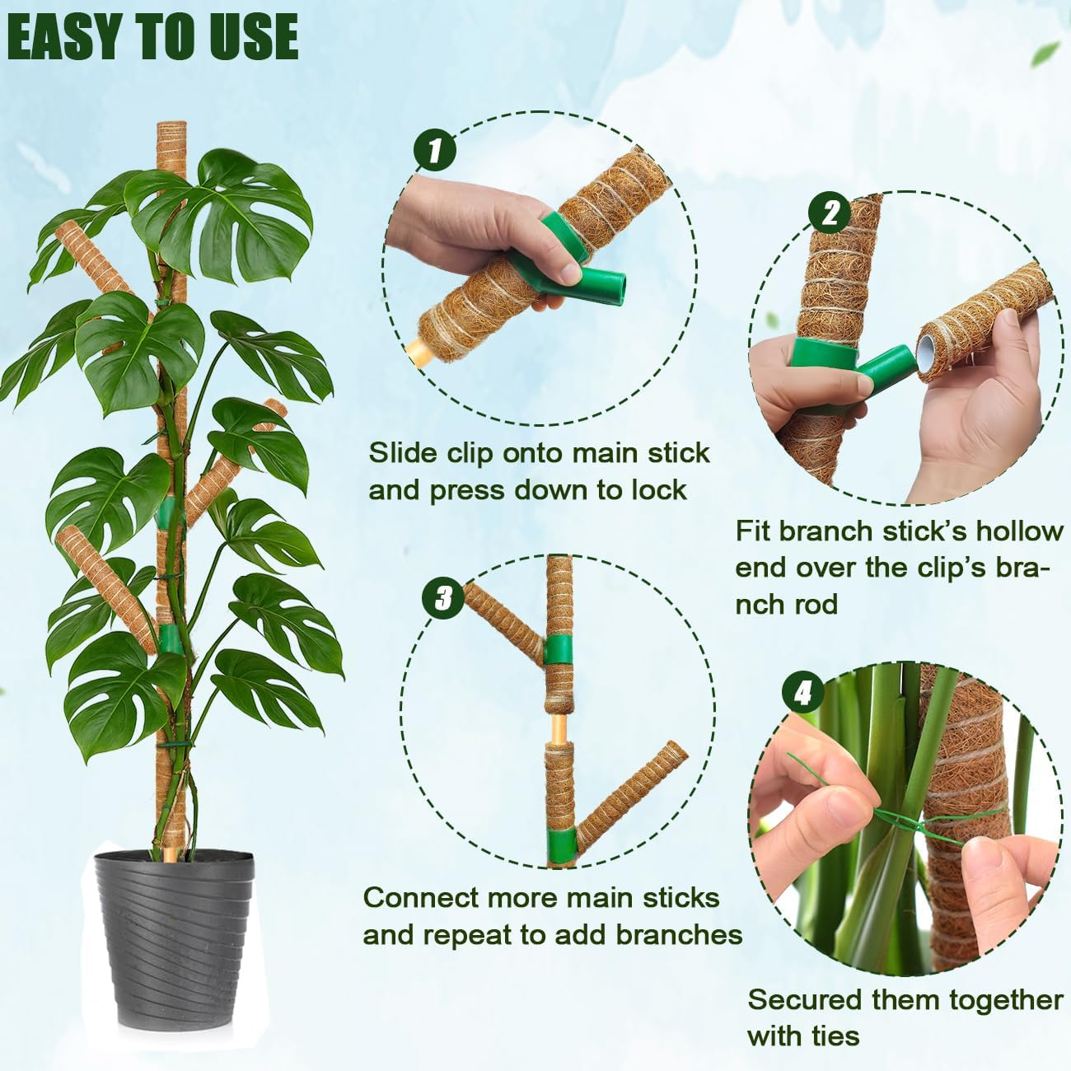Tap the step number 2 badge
click(x=830, y=213)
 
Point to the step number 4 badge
click(x=803, y=695)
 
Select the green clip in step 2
click(x=840, y=362)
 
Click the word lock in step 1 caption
click(x=658, y=489)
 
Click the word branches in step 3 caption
click(x=678, y=934)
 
